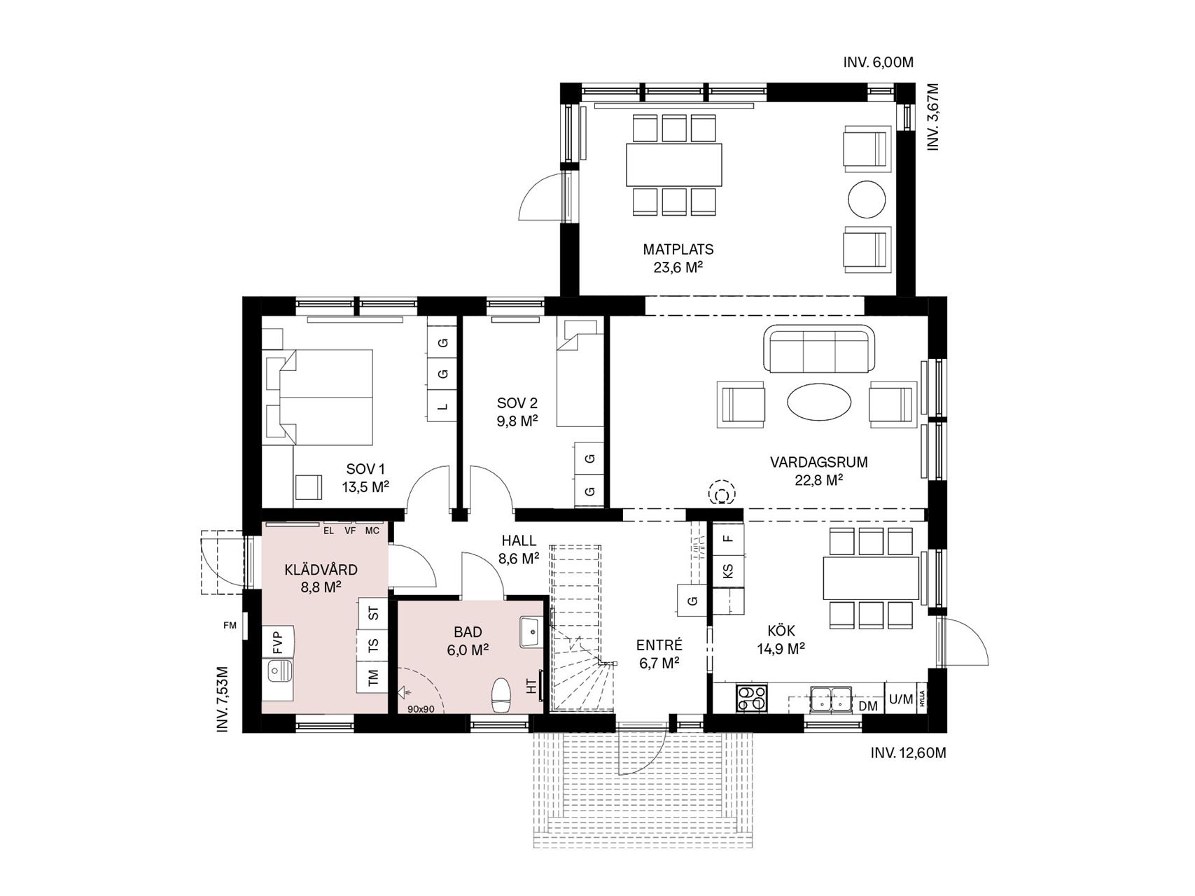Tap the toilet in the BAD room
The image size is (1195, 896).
[501, 694]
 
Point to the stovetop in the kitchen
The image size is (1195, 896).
[751, 698]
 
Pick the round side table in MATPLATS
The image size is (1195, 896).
[867, 200]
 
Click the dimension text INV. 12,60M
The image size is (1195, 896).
[908, 753]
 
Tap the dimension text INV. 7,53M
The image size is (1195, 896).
[223, 699]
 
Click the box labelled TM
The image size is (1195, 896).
[372, 677]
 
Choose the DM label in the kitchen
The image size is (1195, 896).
[868, 706]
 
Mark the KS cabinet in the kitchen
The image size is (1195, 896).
[728, 570]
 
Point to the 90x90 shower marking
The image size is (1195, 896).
[421, 709]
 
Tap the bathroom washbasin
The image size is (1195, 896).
[533, 632]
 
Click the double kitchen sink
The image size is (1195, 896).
[831, 699]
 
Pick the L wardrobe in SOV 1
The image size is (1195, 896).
[442, 406]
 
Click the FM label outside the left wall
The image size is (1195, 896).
[230, 626]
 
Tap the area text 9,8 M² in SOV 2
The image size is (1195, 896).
[517, 421]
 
